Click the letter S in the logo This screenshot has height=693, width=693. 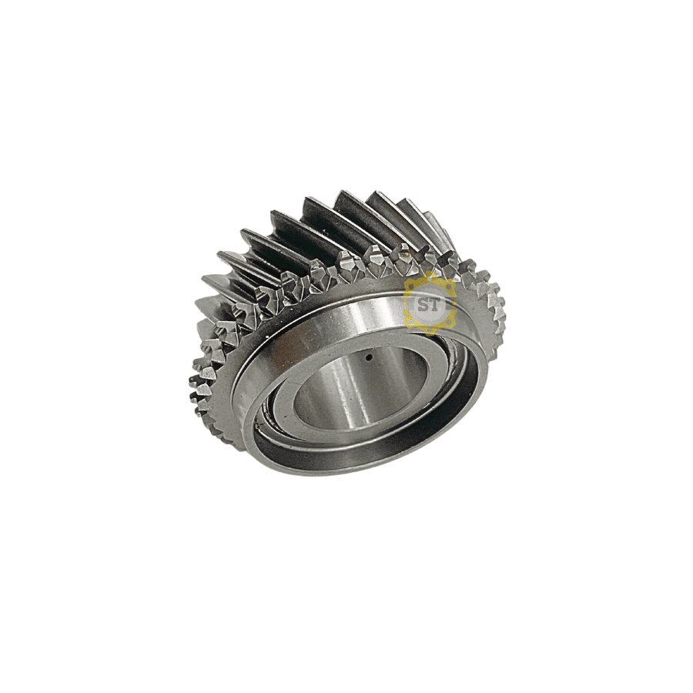423,305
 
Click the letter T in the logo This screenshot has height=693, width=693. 435,305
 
